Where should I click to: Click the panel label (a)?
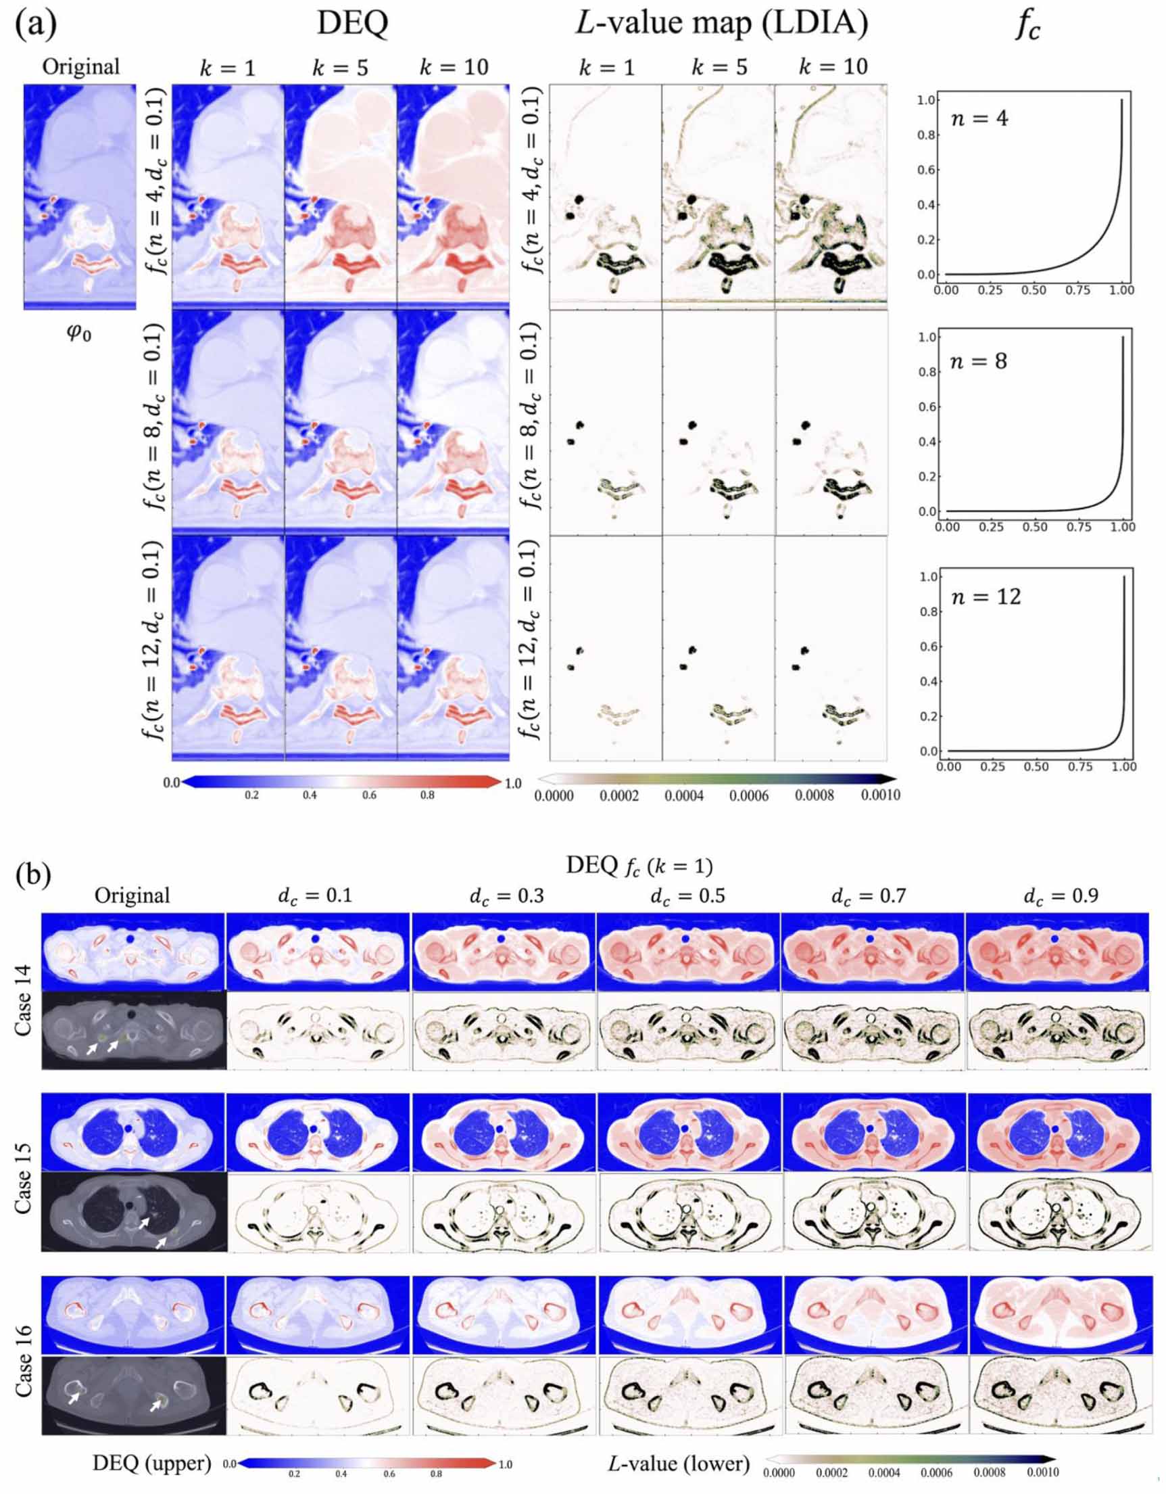[x=35, y=24]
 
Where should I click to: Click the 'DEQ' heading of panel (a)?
[x=352, y=24]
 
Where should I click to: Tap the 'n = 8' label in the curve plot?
[x=979, y=361]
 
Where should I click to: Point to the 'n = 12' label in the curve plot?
[x=986, y=597]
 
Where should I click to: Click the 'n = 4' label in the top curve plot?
[x=979, y=119]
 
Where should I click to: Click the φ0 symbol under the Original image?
[x=78, y=334]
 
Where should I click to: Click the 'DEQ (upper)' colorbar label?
[x=152, y=1463]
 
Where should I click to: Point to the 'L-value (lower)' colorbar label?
[x=679, y=1463]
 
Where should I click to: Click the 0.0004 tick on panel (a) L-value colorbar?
[x=684, y=795]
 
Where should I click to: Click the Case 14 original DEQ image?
[x=132, y=952]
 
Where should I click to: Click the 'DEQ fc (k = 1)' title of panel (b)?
[x=639, y=866]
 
